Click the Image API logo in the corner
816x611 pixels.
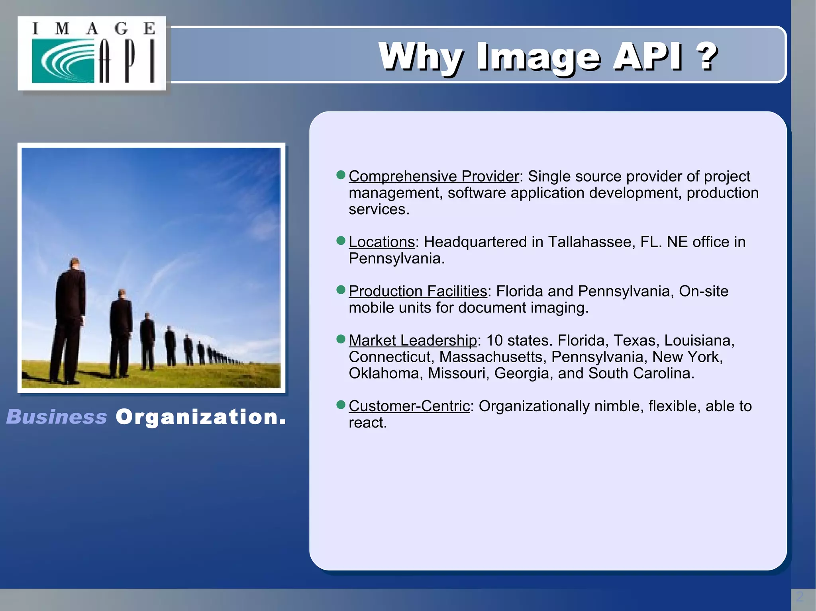[92, 53]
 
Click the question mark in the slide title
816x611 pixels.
[706, 57]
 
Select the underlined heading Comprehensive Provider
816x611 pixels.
[433, 176]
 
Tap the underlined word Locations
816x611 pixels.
[382, 242]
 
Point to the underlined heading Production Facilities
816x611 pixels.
[418, 291]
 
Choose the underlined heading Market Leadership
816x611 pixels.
[412, 341]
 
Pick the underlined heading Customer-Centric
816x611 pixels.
[409, 406]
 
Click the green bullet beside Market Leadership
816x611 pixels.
[341, 339]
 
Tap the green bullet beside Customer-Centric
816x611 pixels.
[341, 405]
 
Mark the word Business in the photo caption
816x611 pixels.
[57, 417]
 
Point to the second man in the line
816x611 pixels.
[120, 332]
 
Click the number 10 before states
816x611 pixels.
[494, 341]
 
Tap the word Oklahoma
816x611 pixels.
[385, 373]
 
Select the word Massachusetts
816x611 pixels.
[491, 357]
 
